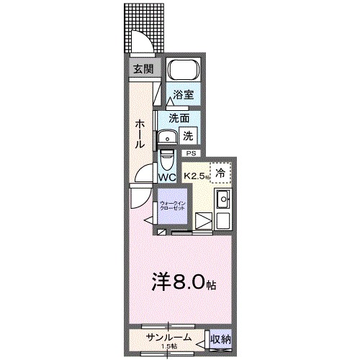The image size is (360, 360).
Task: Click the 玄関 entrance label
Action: point(143,69)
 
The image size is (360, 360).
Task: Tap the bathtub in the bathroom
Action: point(183,71)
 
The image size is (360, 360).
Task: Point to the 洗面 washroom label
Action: point(179,118)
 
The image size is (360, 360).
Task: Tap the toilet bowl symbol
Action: point(167,157)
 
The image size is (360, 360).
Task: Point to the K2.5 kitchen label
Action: point(196,176)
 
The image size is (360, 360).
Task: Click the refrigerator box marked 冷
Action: point(221,172)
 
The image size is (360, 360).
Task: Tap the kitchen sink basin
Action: point(222,199)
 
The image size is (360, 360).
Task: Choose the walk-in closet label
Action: point(172,204)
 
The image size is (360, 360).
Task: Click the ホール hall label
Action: point(139,134)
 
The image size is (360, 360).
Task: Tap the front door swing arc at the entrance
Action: point(141,48)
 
